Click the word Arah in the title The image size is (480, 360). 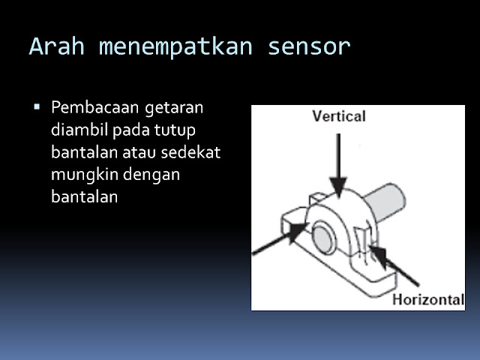55,46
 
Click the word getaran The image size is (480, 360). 176,107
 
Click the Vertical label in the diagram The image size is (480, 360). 338,116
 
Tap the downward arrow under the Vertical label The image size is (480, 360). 339,161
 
